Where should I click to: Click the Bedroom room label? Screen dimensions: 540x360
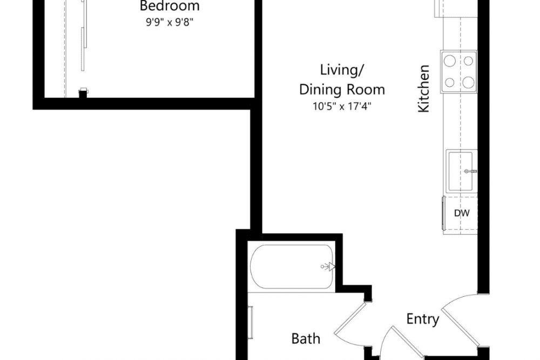(170, 6)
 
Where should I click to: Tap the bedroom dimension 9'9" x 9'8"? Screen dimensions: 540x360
(170, 22)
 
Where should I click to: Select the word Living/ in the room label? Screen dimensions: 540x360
(342, 70)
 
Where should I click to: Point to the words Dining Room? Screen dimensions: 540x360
(342, 90)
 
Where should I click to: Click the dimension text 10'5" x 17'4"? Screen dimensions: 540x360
(342, 106)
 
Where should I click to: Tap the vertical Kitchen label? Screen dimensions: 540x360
(423, 89)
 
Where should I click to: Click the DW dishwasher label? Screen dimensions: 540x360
(462, 213)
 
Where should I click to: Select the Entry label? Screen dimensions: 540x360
(423, 319)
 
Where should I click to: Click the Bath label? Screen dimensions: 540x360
(306, 339)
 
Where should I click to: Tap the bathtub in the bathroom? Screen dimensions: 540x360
(292, 267)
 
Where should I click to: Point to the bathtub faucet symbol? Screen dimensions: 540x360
(328, 267)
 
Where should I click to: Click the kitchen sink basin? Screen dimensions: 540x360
(460, 171)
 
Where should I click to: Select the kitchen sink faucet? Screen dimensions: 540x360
(470, 171)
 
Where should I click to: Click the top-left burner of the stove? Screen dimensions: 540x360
(449, 61)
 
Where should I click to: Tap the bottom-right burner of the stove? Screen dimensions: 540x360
(468, 83)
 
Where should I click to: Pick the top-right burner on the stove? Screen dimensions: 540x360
(468, 61)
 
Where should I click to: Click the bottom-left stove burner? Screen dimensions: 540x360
(449, 83)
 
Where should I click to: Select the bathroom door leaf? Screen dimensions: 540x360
(349, 318)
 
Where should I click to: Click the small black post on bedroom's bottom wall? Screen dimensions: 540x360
(83, 93)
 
